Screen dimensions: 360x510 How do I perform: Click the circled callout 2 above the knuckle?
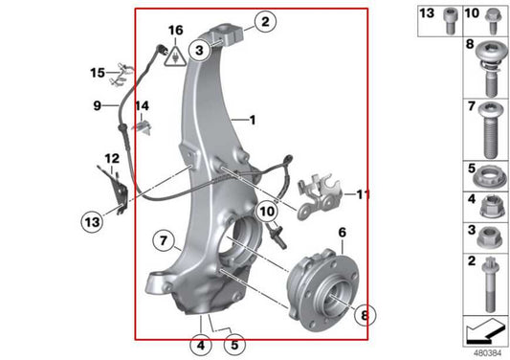point(263,20)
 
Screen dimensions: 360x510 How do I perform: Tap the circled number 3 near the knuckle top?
point(199,48)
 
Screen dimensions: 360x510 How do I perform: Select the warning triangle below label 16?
point(175,58)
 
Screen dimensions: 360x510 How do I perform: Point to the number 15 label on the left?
point(98,72)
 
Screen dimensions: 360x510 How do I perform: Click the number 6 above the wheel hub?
point(342,232)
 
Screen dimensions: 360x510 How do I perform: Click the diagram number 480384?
point(486,351)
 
